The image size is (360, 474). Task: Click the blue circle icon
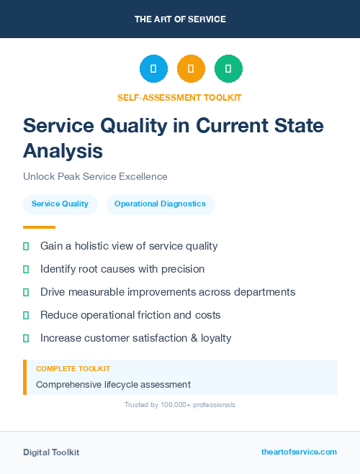pyautogui.click(x=153, y=69)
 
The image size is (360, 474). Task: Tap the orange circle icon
pyautogui.click(x=191, y=69)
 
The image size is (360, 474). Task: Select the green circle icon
pyautogui.click(x=228, y=69)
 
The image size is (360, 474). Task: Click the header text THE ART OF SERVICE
pyautogui.click(x=180, y=19)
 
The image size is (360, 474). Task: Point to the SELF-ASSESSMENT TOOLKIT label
pyautogui.click(x=179, y=97)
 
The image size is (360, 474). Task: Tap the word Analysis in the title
pyautogui.click(x=63, y=151)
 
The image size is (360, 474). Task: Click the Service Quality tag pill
pyautogui.click(x=60, y=204)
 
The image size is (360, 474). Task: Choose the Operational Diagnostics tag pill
pyautogui.click(x=160, y=204)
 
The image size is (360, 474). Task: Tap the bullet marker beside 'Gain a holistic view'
pyautogui.click(x=26, y=246)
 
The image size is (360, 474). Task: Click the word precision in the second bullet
pyautogui.click(x=183, y=269)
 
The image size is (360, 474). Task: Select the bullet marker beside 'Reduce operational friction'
pyautogui.click(x=26, y=315)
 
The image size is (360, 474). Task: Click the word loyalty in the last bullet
pyautogui.click(x=212, y=338)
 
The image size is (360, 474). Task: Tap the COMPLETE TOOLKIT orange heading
pyautogui.click(x=73, y=368)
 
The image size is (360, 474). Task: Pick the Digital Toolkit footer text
pyautogui.click(x=51, y=452)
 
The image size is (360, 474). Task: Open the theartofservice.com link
pyautogui.click(x=299, y=452)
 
